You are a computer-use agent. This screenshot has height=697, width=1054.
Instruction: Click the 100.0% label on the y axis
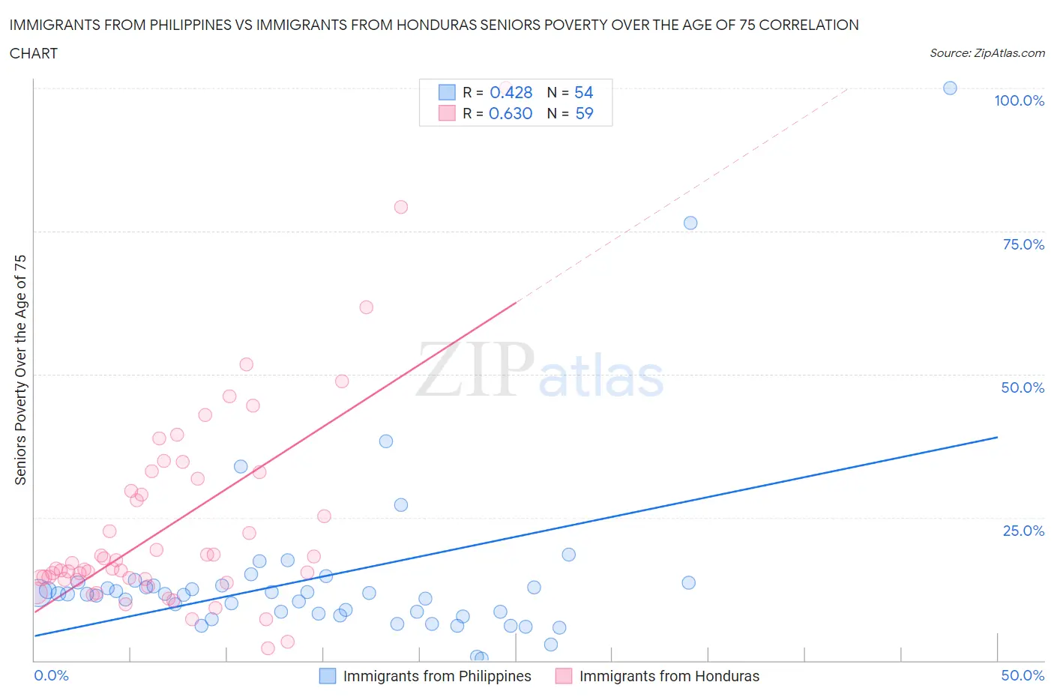[1019, 101]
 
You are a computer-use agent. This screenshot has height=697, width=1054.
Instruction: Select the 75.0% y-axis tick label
[1023, 245]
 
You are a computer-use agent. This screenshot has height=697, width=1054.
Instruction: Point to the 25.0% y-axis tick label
[1023, 531]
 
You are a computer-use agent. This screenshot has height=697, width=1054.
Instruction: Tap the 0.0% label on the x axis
[51, 676]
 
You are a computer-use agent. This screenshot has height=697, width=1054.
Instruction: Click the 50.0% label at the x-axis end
[1023, 676]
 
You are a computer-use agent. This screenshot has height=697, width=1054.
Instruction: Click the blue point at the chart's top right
[950, 88]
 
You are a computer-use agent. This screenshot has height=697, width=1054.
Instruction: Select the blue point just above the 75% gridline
[690, 223]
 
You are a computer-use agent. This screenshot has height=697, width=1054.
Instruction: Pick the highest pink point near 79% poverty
[401, 207]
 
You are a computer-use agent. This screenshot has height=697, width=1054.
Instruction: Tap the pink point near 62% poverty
[366, 307]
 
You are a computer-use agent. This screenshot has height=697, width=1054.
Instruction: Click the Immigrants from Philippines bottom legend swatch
[328, 676]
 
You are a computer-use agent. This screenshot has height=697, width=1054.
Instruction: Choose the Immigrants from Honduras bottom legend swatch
[564, 676]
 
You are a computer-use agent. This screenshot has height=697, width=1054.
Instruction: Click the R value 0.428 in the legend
[511, 93]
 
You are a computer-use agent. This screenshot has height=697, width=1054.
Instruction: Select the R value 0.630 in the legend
[511, 114]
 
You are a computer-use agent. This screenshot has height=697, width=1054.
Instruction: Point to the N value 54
[583, 93]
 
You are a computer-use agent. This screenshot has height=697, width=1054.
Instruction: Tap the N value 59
[583, 114]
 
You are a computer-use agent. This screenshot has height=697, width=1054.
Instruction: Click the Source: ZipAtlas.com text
[987, 53]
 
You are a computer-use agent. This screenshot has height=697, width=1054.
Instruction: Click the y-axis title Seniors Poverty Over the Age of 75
[21, 369]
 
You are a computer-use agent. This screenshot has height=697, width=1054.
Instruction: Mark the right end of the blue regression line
[997, 437]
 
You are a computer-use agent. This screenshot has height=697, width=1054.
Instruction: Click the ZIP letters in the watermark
[475, 369]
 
